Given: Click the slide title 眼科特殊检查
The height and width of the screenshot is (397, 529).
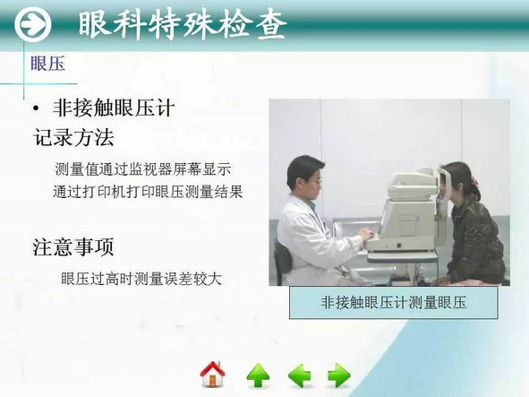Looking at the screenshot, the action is [183, 25].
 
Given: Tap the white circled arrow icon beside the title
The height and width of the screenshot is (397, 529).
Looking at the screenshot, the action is [33, 24].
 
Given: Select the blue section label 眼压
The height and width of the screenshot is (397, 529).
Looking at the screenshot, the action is [47, 64].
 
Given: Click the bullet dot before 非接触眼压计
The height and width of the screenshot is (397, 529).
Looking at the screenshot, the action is [36, 108].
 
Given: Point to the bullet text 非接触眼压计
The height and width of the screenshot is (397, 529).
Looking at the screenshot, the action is [114, 108].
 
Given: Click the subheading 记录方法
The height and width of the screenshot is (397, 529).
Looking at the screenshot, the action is [73, 137].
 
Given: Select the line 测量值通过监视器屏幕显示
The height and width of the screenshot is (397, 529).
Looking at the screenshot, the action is [142, 169].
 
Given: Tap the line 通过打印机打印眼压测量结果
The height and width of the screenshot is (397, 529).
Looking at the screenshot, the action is [148, 192].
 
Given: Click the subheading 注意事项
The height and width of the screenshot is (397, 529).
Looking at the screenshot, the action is [73, 246].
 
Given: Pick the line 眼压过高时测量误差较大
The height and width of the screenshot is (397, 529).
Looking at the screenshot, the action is [141, 279].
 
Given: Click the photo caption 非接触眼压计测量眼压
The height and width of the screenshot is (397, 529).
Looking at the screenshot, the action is [393, 302].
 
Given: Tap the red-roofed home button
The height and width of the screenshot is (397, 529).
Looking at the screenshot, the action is [212, 375].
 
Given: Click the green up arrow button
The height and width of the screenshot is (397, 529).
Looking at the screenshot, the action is [258, 375].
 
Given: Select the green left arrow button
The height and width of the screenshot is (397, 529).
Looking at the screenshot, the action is [300, 375].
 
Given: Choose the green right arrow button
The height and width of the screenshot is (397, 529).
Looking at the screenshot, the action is [339, 375].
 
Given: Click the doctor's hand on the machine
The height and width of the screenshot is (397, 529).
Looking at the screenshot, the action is [367, 234].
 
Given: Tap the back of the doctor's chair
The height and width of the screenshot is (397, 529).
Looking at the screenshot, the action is [282, 258].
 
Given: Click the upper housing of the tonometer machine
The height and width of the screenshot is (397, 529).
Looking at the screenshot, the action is [412, 186].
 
